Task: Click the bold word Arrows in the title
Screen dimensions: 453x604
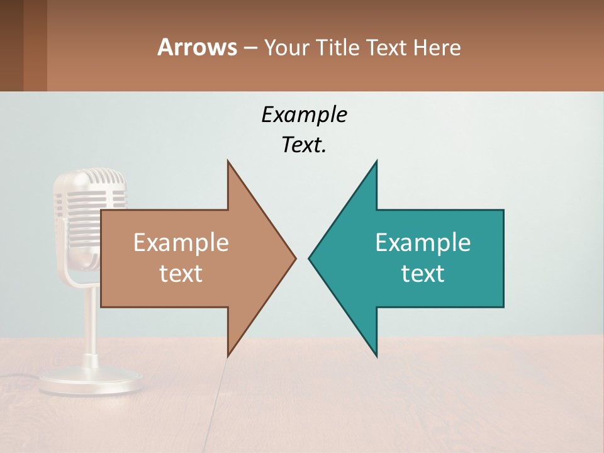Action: tap(197, 47)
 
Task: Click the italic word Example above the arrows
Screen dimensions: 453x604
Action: tap(304, 115)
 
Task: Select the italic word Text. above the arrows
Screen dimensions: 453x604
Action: tap(304, 145)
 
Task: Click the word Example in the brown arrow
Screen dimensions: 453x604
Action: tap(181, 242)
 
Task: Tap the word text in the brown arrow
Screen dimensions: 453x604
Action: tap(181, 274)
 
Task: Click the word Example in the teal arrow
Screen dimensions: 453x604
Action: tap(423, 242)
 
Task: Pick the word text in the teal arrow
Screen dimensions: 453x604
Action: tap(423, 274)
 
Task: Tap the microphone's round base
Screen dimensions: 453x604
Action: tap(91, 381)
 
